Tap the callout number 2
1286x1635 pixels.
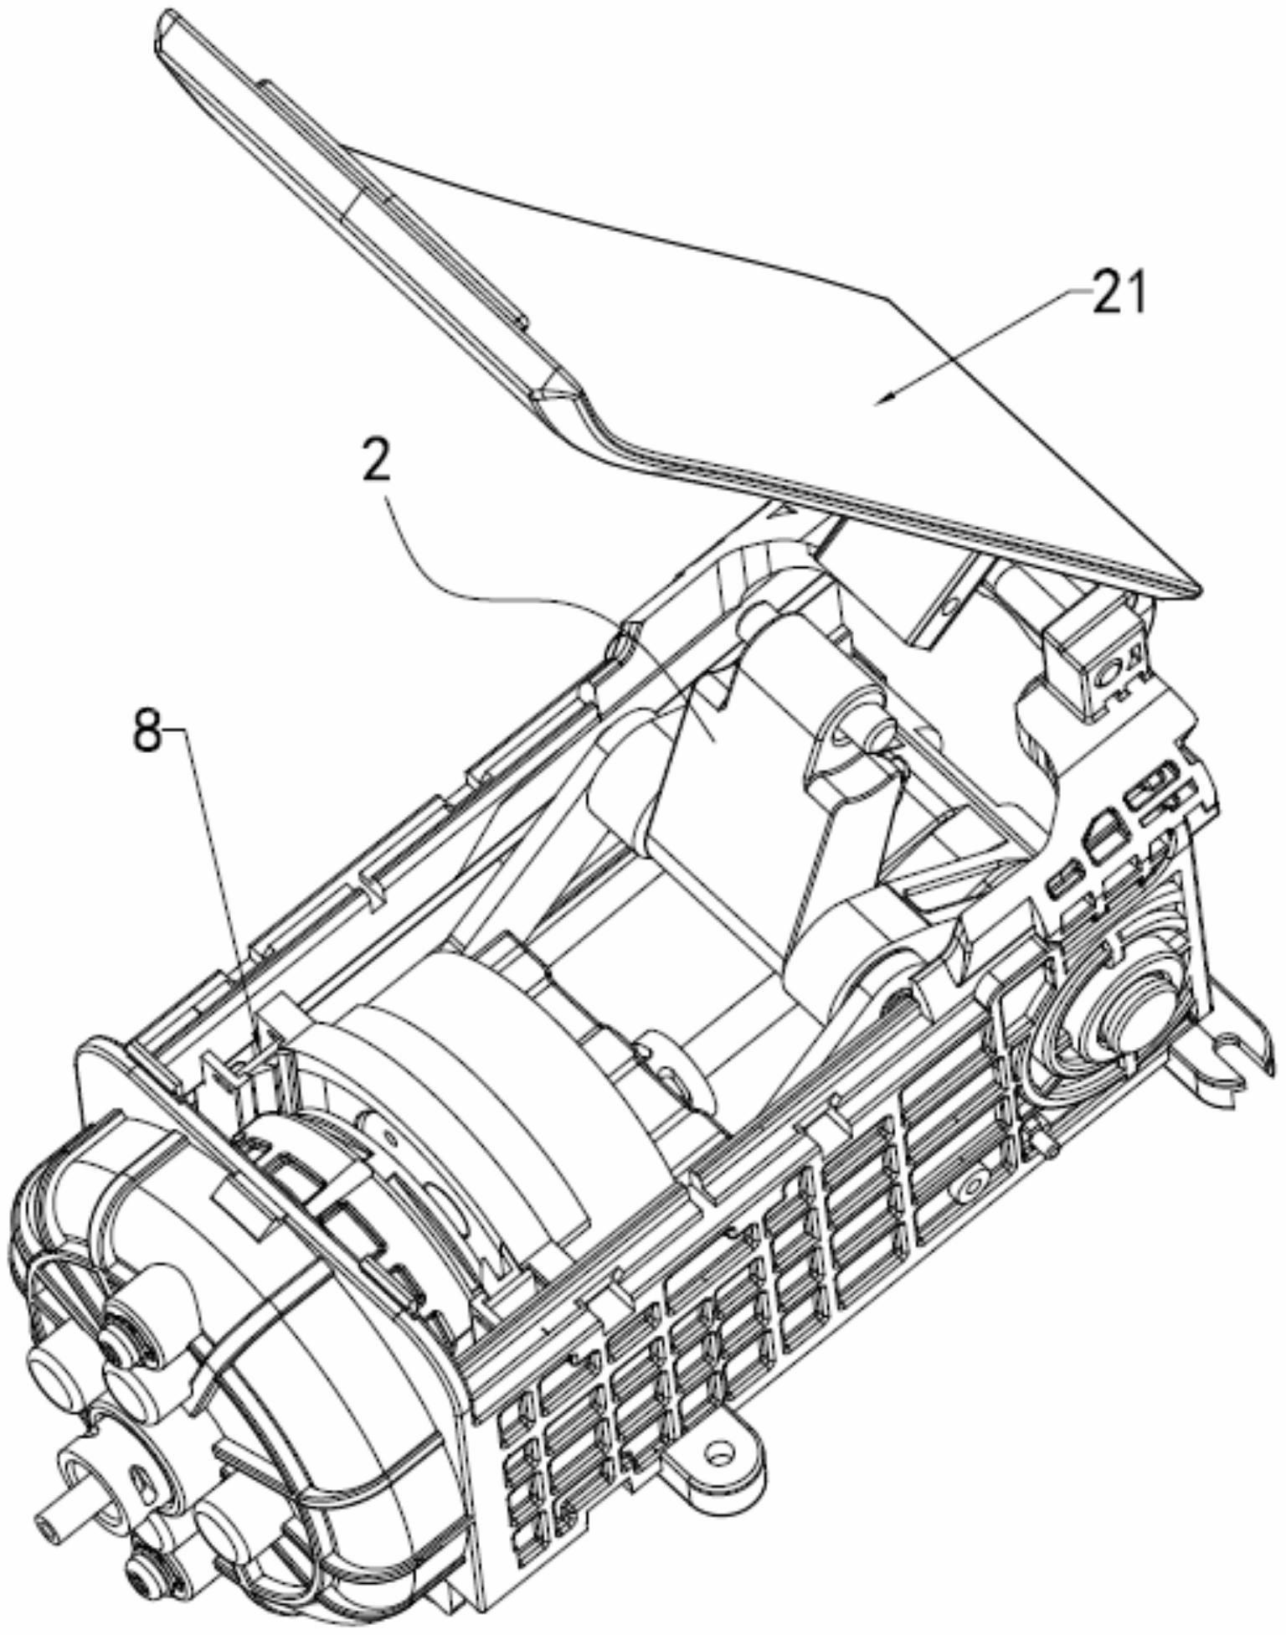378,457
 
